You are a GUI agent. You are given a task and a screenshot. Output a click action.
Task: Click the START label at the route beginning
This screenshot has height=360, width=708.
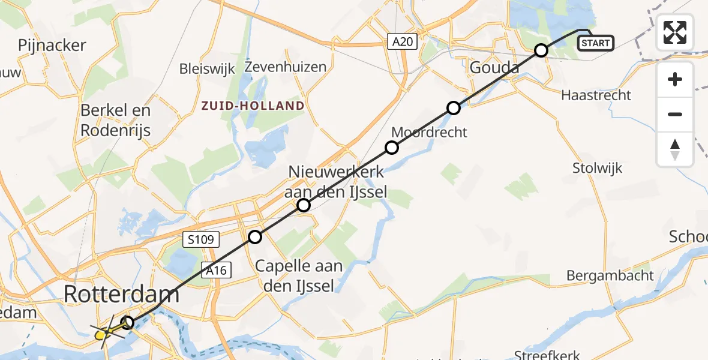[595, 43]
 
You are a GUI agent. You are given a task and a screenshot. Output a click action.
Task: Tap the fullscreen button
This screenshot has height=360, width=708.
[675, 32]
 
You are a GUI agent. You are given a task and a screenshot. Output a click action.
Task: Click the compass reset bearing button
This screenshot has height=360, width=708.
[675, 149]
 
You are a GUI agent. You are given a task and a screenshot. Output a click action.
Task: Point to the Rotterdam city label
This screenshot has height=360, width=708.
[121, 295]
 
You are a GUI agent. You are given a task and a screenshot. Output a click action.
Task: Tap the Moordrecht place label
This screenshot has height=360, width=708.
[428, 132]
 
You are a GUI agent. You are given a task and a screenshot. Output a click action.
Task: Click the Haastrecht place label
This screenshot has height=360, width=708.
[596, 95]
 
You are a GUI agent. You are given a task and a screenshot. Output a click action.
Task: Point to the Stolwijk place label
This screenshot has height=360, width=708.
[597, 167]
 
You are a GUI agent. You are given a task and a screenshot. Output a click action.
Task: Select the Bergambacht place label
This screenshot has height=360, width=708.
[610, 276]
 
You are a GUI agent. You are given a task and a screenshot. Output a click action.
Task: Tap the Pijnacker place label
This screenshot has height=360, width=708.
[52, 45]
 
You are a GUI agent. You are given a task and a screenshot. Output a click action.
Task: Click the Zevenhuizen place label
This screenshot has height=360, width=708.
[286, 67]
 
